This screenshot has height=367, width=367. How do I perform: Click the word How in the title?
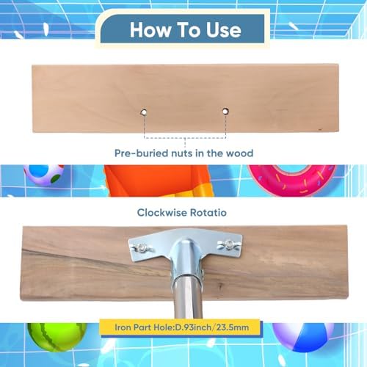pyautogui.click(x=150, y=30)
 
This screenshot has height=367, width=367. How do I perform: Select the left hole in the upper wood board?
pyautogui.click(x=144, y=112)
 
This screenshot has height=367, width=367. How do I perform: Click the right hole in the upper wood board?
pyautogui.click(x=225, y=112)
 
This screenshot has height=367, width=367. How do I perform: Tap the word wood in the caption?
pyautogui.click(x=239, y=153)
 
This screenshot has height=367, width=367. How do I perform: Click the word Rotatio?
pyautogui.click(x=208, y=212)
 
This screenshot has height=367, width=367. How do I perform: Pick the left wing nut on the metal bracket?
pyautogui.click(x=142, y=248)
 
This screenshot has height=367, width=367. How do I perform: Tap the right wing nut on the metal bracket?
pyautogui.click(x=229, y=244)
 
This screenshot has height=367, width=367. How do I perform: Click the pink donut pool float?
pyautogui.click(x=291, y=180)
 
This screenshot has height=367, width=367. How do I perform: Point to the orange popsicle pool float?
pyautogui.click(x=158, y=181)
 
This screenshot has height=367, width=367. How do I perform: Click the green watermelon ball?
pyautogui.click(x=57, y=336)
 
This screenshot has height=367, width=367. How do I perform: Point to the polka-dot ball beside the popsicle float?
pyautogui.click(x=44, y=175)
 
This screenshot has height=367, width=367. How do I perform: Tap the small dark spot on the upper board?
pyautogui.click(x=319, y=128)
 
